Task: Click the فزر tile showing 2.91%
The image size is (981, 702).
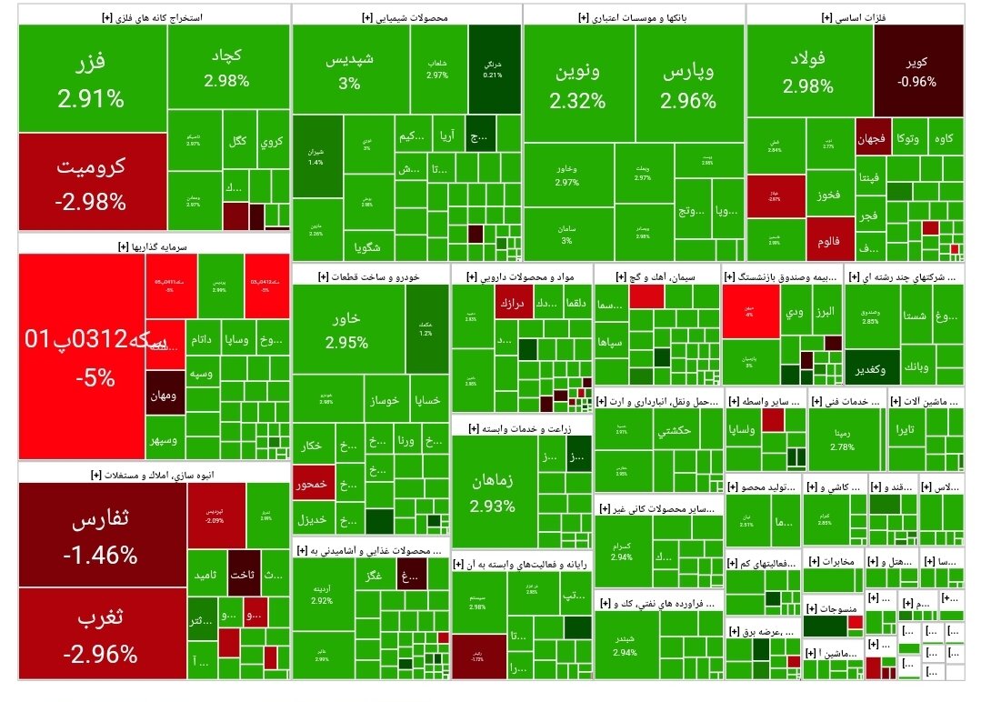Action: [92, 79]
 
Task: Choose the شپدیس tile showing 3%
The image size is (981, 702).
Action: [349, 71]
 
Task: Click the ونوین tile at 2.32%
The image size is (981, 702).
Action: [577, 84]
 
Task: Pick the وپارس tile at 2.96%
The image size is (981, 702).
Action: [688, 84]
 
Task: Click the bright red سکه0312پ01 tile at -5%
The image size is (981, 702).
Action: [82, 356]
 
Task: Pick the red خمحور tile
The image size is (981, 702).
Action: [312, 485]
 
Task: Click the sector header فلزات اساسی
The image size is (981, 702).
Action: [855, 16]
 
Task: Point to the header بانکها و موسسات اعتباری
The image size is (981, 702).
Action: [635, 16]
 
